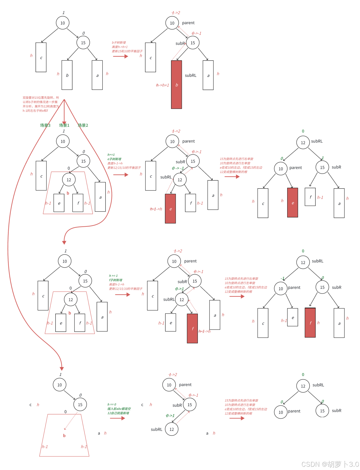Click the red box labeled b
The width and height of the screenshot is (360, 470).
[x=176, y=85]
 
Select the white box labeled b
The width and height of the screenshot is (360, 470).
[x=67, y=75]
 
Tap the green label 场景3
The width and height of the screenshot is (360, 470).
[x=45, y=125]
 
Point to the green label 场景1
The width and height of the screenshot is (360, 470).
[x=64, y=125]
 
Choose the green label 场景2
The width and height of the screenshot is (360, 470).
[x=83, y=125]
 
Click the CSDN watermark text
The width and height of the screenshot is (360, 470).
[x=330, y=464]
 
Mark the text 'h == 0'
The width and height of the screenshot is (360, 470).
[x=112, y=404]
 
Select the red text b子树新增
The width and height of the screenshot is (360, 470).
[x=119, y=43]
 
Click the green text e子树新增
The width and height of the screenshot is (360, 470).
[x=114, y=159]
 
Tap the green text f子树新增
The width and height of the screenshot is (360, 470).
[x=116, y=280]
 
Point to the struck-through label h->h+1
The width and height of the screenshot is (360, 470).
[x=162, y=85]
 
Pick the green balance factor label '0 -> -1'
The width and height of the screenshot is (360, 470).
[x=178, y=168]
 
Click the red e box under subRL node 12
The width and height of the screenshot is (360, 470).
[x=170, y=209]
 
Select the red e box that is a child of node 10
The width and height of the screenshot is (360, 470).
[x=293, y=203]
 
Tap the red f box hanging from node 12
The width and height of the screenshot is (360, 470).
[x=192, y=328]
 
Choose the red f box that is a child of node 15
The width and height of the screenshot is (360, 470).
[x=310, y=322]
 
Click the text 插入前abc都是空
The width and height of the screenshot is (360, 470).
[x=119, y=409]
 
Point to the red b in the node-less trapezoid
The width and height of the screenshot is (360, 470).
[x=64, y=435]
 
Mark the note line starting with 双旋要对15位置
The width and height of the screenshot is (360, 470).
[x=41, y=98]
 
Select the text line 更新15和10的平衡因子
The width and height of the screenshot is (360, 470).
[x=127, y=51]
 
